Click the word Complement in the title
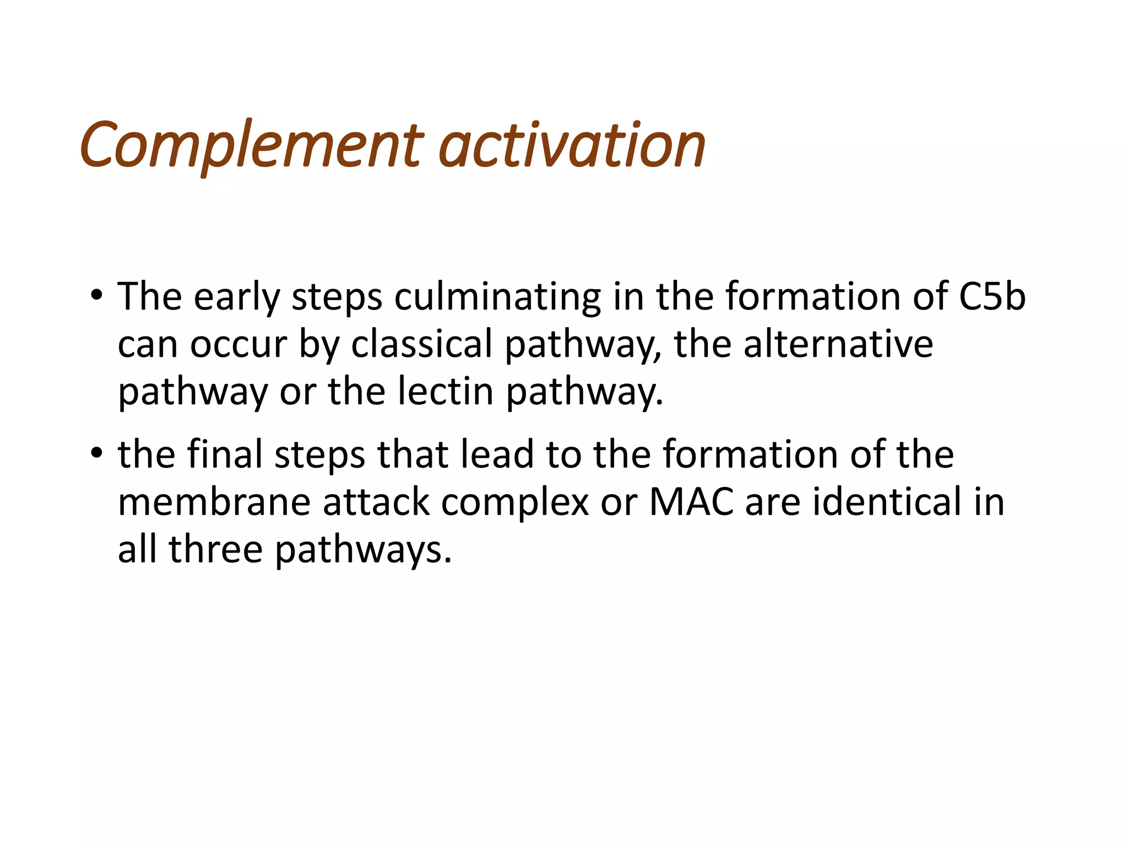coord(251,145)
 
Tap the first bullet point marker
coord(97,296)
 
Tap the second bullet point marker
coord(97,454)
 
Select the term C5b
coord(992,296)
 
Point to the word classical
coord(421,345)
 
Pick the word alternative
coord(838,345)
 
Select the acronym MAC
coord(691,502)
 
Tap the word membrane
coord(214,502)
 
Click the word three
coord(215,549)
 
